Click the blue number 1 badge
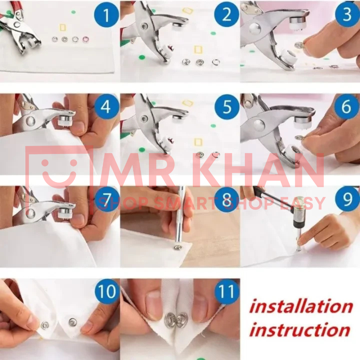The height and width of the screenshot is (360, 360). click(x=106, y=15)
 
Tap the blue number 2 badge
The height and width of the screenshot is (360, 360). click(x=227, y=15)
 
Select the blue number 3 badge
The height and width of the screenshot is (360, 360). click(x=347, y=14)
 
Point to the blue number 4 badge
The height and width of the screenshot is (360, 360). click(x=106, y=107)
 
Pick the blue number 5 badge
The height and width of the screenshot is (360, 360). click(x=227, y=107)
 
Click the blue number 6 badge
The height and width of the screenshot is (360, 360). click(x=347, y=107)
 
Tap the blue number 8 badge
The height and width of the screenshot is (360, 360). click(x=227, y=199)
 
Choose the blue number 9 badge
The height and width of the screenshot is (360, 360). click(x=347, y=199)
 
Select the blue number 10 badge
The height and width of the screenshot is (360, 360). click(x=107, y=292)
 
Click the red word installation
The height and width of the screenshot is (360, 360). click(x=301, y=306)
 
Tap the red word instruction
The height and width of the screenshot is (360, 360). click(x=300, y=330)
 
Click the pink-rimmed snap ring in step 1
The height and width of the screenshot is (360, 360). click(x=86, y=39)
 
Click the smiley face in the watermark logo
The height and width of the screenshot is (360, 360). click(x=60, y=170)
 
